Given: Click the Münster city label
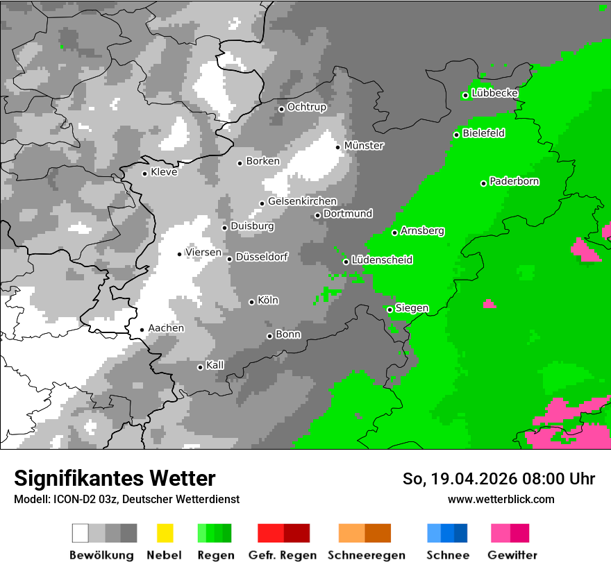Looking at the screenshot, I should coord(364,146).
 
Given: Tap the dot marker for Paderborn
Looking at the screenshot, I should coord(483,183).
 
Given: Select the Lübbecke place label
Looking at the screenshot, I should coord(494,93).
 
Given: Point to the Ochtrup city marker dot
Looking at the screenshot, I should coord(281,109).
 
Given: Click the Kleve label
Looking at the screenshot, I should coord(164,172).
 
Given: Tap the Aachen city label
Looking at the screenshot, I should coord(166,328).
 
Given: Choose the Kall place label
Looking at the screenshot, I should coord(215,365).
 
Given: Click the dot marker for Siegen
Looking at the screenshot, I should coord(390,310).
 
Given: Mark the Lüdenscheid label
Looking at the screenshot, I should coord(382,260).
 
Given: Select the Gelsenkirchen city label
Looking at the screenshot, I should coord(302,201).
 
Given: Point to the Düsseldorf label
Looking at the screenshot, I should coord(261,257).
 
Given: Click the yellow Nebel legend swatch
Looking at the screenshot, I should coord(165,533).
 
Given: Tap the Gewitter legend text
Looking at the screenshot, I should coord(512,555).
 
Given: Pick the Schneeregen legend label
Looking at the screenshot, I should coord(366,555).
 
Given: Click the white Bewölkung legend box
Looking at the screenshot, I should coord(81,533).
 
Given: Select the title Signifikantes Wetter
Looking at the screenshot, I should coord(115,478).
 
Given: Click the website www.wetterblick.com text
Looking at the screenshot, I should coord(501,499).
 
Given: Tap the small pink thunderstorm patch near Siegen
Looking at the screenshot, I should coord(489,304).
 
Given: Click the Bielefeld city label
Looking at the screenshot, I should coord(483,133).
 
